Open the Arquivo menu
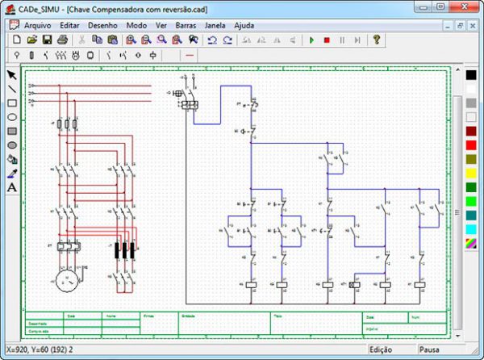point(37,25)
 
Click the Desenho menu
point(102,25)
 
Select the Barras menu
point(186,25)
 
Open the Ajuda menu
point(244,25)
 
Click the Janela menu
point(215,25)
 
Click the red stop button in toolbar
point(327,40)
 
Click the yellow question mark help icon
point(376,40)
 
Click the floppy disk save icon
point(47,40)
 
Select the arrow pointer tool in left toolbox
point(12,75)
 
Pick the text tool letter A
point(12,187)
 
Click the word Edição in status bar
point(381,350)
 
